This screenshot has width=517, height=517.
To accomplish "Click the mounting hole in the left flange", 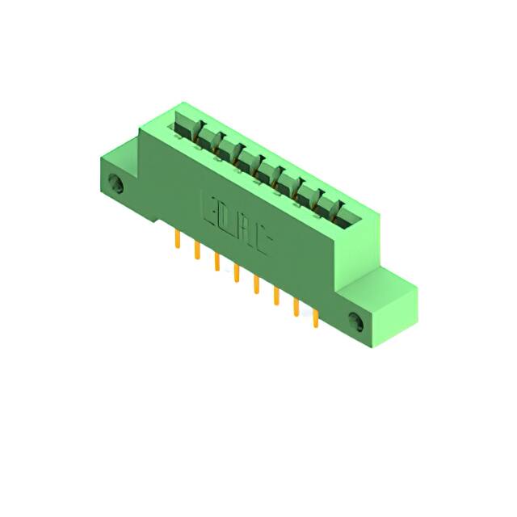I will [119, 185].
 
